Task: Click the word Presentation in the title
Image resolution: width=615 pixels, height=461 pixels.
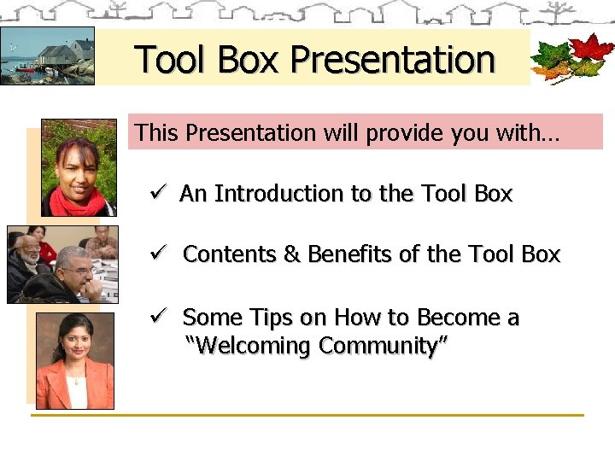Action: pos(392,60)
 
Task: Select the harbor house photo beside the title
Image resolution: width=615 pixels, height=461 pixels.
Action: pos(47,56)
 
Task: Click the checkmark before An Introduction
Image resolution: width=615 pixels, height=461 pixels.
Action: pos(157,194)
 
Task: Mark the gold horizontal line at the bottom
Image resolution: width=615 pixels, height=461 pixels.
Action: pos(307,416)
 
